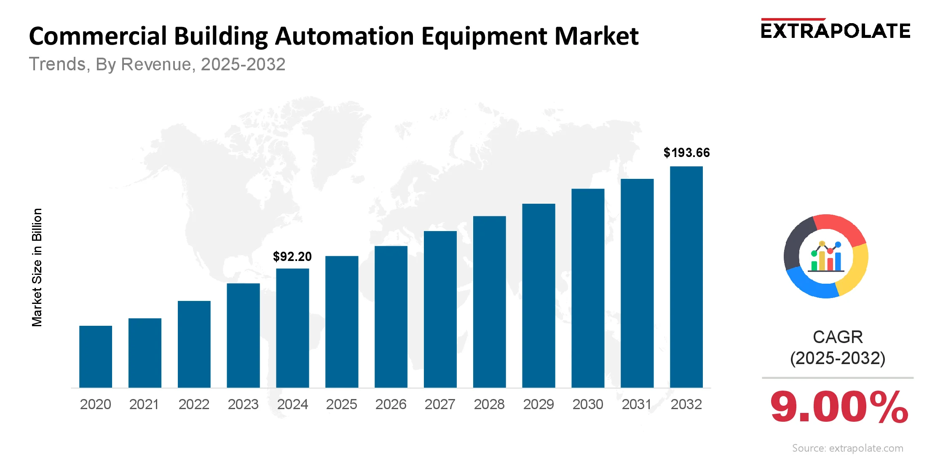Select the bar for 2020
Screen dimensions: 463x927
click(96, 357)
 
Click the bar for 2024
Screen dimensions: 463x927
click(292, 328)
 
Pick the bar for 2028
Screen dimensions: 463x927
click(489, 302)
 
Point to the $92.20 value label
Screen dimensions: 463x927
click(292, 256)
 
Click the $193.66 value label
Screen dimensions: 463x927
click(686, 152)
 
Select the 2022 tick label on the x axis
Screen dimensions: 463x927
click(194, 404)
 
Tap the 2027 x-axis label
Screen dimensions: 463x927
click(440, 404)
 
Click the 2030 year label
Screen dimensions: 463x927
click(588, 404)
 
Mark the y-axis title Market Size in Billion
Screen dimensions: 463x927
click(37, 267)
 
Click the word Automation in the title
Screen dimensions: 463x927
click(345, 36)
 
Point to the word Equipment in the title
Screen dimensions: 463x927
click(484, 36)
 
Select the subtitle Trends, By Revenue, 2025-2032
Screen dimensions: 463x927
click(157, 64)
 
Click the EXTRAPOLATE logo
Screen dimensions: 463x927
click(835, 30)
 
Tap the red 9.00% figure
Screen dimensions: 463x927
click(839, 407)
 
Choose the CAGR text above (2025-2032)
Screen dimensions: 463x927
click(838, 337)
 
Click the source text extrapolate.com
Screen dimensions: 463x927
click(847, 448)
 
